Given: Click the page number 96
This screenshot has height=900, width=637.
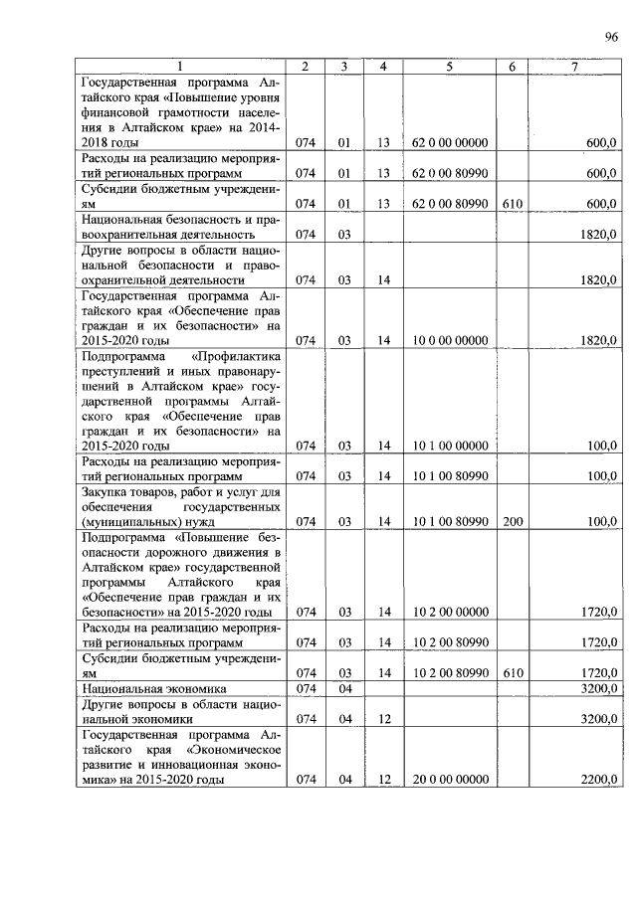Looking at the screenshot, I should point(610,38).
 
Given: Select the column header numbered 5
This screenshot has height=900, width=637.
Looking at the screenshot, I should point(449,67).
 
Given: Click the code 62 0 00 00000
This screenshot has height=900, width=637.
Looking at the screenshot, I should point(449,143).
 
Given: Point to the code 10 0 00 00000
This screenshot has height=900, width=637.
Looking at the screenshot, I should point(449,340).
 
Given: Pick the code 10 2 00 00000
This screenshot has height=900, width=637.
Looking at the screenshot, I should point(449,613).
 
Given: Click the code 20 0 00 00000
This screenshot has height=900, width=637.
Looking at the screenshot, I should point(449,780).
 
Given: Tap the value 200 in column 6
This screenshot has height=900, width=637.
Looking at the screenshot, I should point(513,521).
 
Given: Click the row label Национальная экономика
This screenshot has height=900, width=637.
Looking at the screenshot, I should point(153,688).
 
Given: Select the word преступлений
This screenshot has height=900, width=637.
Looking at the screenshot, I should point(117,371).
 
